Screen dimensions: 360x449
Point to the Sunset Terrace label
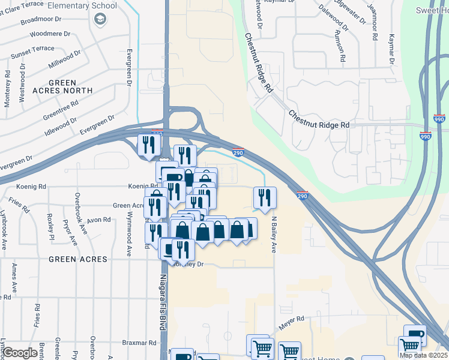click(32, 53)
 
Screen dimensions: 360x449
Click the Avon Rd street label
click(98, 220)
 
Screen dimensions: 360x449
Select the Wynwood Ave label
click(128, 230)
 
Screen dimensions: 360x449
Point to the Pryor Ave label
click(70, 233)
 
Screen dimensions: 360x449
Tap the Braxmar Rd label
click(139, 343)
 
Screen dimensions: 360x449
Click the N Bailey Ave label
click(274, 234)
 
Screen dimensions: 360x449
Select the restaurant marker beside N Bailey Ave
click(265, 197)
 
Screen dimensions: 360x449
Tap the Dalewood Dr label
click(333, 17)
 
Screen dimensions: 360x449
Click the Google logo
click(20, 353)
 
